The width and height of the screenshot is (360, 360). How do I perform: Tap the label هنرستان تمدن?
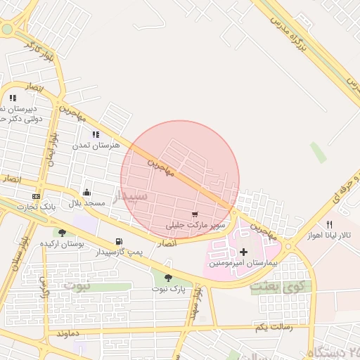(x=96, y=145)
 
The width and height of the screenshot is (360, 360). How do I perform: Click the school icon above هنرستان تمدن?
(x=96, y=134)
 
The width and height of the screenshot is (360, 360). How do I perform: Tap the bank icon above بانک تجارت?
(x=36, y=195)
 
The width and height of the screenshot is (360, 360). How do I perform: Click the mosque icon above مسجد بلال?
(x=86, y=192)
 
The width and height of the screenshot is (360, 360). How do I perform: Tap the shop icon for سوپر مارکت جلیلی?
(x=195, y=214)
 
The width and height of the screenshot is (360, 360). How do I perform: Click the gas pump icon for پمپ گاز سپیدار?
(x=118, y=241)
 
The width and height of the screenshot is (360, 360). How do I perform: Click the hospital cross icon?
(x=243, y=251)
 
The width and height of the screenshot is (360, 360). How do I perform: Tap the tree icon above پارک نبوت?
(x=167, y=278)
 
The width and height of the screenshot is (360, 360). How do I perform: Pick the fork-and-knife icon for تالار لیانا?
(x=328, y=224)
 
